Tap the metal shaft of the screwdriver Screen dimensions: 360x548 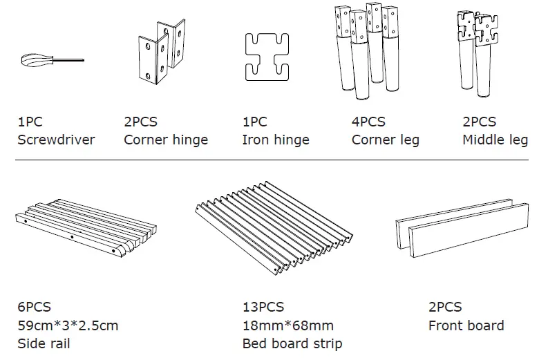click(x=67, y=60)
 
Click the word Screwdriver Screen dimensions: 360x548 click(x=55, y=140)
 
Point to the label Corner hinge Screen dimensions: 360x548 click(x=165, y=140)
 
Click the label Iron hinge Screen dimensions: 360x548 click(x=275, y=140)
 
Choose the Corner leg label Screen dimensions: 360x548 click(x=385, y=140)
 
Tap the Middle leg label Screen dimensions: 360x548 click(x=495, y=140)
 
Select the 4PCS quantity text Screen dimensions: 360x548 click(x=368, y=122)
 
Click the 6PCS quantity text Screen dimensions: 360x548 click(x=34, y=307)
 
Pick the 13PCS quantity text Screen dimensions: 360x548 click(x=263, y=307)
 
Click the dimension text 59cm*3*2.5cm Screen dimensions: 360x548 click(x=68, y=325)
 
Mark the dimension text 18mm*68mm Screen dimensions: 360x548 click(x=287, y=325)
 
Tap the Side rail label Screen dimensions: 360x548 click(x=44, y=343)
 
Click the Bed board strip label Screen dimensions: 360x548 click(x=292, y=343)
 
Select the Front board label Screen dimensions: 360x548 click(x=466, y=325)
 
